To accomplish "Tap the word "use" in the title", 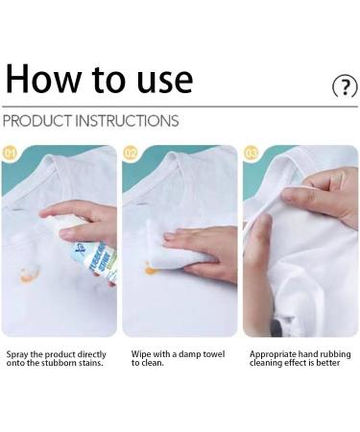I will (x=157, y=81).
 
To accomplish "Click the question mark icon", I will (x=343, y=87).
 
